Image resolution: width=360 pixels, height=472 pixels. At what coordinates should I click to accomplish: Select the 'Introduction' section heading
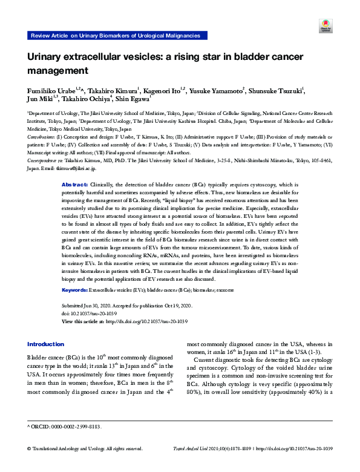click(45, 344)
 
